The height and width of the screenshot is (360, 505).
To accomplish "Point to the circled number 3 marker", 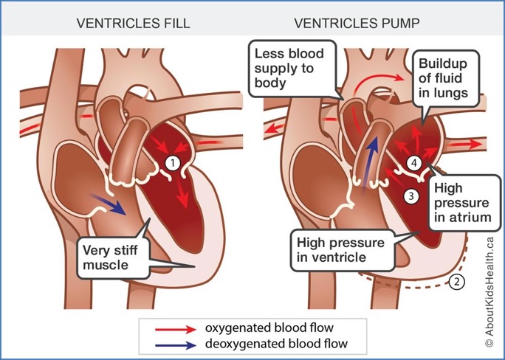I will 412,195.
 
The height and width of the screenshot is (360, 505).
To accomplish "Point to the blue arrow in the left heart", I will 109,202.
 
